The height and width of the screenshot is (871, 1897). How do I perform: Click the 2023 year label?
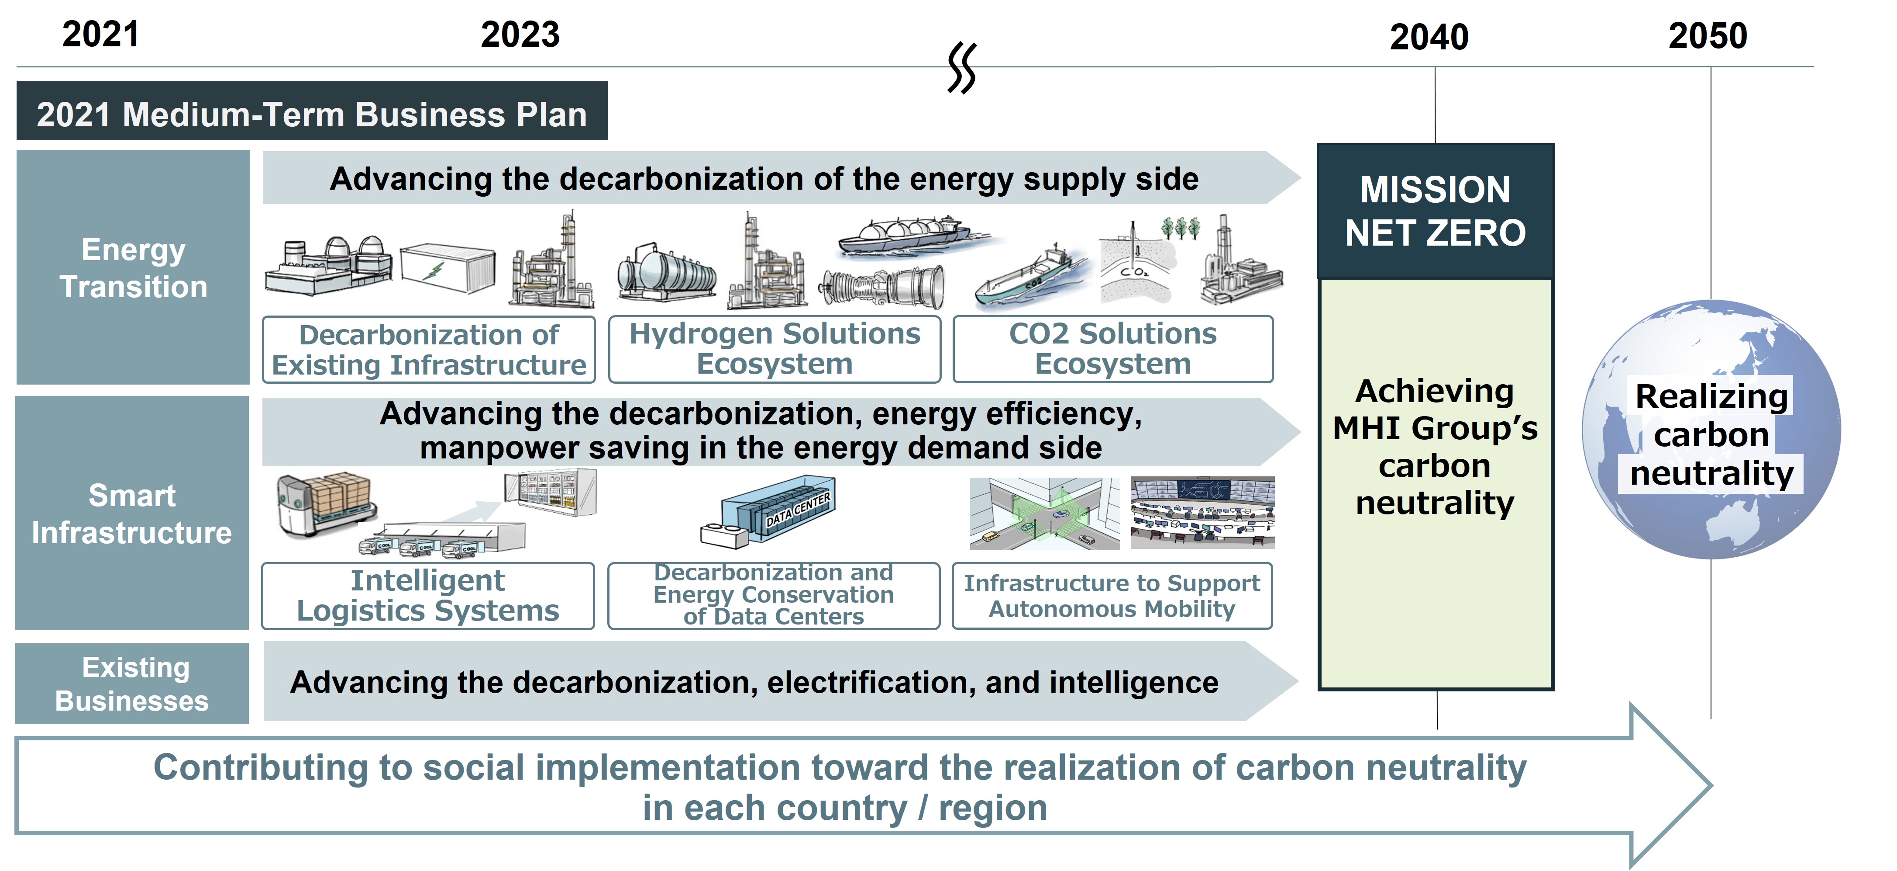pos(520,35)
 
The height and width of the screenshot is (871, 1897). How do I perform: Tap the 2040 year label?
pos(1429,37)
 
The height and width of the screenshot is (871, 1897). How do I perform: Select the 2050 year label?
pos(1708,35)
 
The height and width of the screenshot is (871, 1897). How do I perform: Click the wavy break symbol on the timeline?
pos(962,68)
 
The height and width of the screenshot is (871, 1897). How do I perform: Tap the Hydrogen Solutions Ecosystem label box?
pos(775,349)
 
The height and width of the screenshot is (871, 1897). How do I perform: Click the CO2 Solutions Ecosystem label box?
pos(1113,349)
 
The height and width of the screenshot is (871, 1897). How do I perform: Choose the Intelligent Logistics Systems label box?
pos(428,595)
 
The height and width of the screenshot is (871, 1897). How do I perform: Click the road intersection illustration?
pos(1044,514)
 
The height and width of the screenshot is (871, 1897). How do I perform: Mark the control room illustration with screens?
pos(1202,513)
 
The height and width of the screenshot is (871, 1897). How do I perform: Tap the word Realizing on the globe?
pos(1711,396)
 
